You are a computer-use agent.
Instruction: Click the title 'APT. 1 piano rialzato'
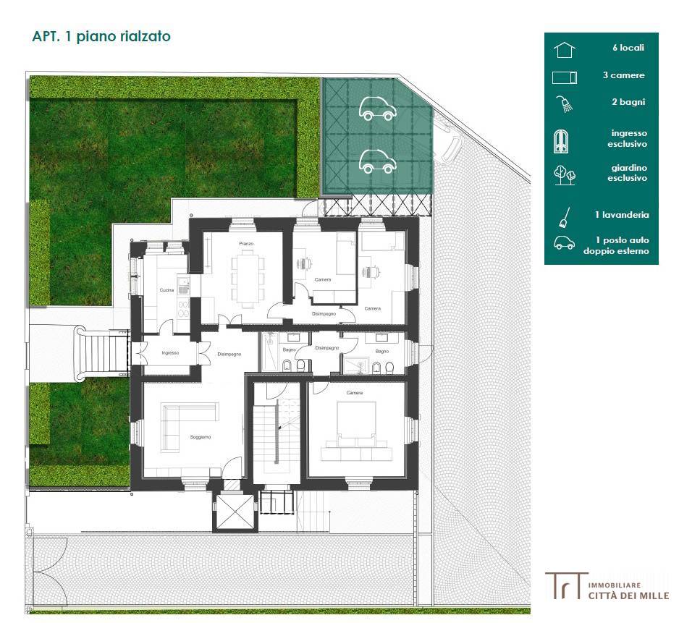point(102,36)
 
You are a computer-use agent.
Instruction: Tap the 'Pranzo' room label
point(245,245)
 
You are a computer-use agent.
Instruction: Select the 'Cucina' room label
point(167,290)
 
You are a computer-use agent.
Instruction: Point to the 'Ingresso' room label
point(170,352)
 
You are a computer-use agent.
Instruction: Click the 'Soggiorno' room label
point(201,437)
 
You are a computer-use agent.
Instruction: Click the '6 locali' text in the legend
point(627,48)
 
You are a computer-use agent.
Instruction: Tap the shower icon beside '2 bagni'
point(564,103)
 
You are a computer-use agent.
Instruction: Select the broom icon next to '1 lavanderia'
point(564,216)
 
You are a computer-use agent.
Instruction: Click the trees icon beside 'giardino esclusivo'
point(564,174)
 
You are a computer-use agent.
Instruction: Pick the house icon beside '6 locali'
point(564,49)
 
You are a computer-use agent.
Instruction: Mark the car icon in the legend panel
point(564,244)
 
